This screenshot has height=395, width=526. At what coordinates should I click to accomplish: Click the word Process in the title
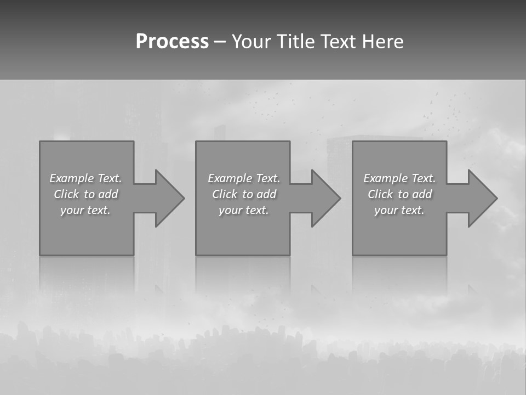(172, 42)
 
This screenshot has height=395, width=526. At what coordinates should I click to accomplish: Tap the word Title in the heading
(297, 42)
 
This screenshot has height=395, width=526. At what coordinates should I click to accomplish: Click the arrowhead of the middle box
(325, 198)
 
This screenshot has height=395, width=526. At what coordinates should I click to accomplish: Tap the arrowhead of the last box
(482, 198)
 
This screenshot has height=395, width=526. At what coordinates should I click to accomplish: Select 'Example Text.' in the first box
(85, 178)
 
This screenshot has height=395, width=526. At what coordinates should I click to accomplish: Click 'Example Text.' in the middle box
(244, 178)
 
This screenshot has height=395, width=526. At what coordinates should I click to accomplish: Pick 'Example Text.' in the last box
(399, 178)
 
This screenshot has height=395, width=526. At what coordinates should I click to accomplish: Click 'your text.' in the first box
(85, 210)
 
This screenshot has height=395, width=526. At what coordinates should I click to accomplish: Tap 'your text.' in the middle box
(244, 210)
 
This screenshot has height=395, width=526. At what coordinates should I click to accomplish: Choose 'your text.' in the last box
(399, 210)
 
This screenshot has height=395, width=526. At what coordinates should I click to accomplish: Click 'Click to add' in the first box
(85, 194)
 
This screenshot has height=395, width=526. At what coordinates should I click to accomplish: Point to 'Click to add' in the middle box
(244, 194)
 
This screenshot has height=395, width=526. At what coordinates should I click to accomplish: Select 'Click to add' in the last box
(399, 194)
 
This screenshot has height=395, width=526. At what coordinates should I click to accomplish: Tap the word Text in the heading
(338, 42)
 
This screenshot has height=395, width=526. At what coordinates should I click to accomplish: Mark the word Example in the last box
(386, 178)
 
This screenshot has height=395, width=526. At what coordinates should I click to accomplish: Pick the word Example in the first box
(72, 178)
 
